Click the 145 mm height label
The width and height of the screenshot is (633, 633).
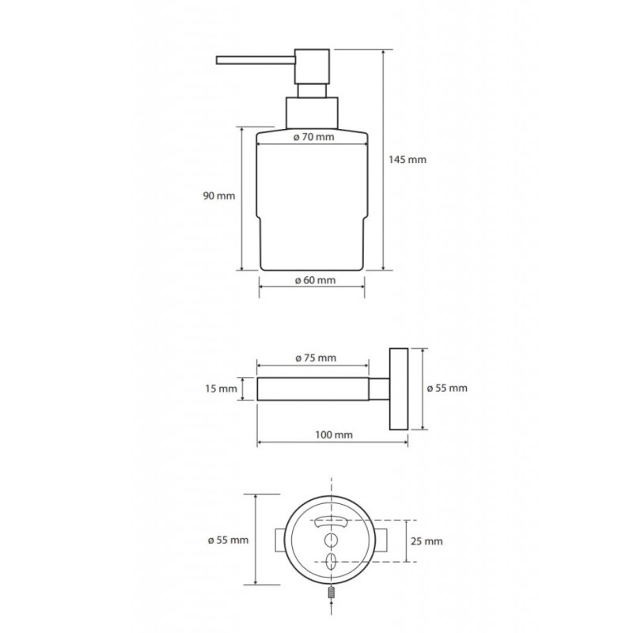(x=407, y=160)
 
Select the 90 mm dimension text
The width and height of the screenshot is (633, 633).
(x=219, y=196)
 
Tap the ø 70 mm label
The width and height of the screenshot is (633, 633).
(x=313, y=137)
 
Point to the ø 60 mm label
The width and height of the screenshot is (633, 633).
(x=315, y=280)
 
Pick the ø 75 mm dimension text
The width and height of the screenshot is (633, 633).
(x=316, y=358)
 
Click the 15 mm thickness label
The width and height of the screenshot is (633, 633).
(x=221, y=389)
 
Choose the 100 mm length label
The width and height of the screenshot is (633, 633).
(x=334, y=434)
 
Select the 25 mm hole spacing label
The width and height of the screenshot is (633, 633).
(x=426, y=541)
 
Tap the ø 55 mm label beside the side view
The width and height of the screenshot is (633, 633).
(x=447, y=389)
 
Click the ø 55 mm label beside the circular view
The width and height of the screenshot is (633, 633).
(x=228, y=540)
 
